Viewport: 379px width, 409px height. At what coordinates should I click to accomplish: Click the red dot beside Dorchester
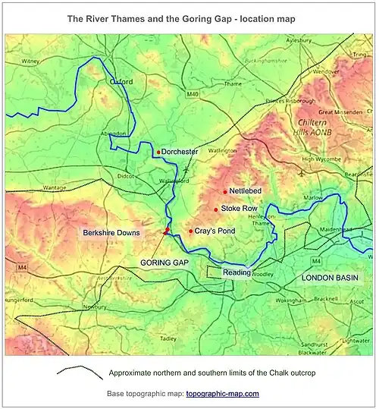point(158,152)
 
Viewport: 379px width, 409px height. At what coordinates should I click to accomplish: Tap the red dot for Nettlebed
point(225,191)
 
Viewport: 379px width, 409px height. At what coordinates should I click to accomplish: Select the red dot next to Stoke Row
point(216,209)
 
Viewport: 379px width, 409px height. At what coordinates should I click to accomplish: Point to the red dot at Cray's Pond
point(190,231)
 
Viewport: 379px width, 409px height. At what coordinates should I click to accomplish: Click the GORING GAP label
point(164,262)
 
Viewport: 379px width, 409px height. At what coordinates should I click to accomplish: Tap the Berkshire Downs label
point(111,232)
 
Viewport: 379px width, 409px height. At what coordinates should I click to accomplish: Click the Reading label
point(236,272)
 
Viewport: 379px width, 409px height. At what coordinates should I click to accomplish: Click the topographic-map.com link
point(222,394)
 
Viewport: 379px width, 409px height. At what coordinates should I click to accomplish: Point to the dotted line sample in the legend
point(79,373)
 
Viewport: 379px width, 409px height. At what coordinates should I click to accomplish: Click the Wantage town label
point(55,187)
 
